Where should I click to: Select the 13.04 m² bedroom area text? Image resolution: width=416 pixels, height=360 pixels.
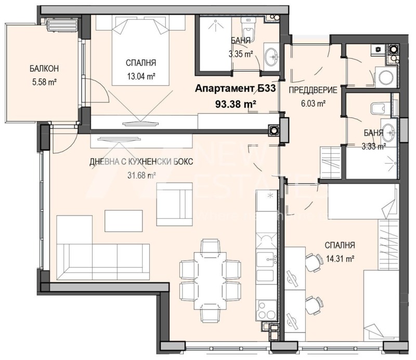coord(141,76)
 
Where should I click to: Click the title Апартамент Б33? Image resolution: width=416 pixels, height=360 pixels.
coord(235,89)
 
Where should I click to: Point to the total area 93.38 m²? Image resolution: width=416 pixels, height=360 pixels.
coord(235,104)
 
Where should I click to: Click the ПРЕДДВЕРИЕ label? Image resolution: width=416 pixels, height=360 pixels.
coord(313,90)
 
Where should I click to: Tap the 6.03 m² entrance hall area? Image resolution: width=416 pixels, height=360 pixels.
coord(314,103)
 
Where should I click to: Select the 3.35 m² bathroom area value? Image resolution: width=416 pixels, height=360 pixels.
coord(241,53)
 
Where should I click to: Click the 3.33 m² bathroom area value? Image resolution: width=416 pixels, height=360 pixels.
coord(374,146)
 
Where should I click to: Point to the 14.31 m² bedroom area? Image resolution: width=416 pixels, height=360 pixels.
coord(340,257)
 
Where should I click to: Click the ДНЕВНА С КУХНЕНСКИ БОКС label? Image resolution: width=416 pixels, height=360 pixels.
coord(141,162)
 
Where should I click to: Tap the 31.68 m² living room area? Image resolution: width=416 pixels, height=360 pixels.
coord(141,175)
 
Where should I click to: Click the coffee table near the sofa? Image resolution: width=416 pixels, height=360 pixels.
coord(123,220)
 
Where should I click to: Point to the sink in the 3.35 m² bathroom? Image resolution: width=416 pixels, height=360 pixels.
coord(271,57)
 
